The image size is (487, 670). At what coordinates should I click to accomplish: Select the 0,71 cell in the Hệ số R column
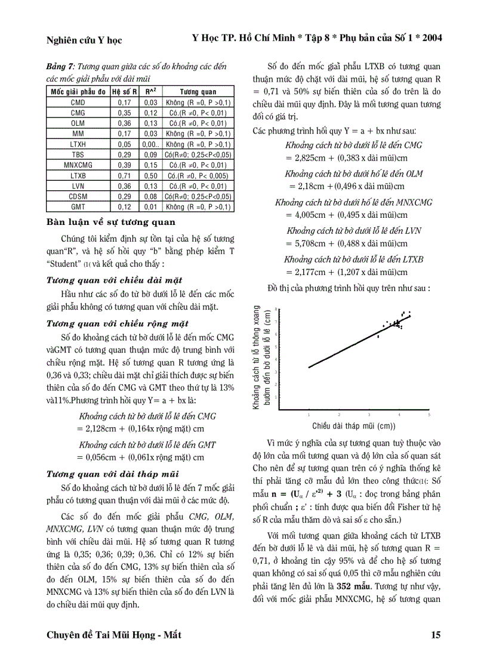tap(125, 176)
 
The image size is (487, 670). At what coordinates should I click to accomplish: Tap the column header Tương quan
tap(198, 92)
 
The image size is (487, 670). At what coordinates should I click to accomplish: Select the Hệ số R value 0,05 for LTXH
tap(125, 144)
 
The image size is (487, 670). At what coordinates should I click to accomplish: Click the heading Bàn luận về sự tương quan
tap(111, 223)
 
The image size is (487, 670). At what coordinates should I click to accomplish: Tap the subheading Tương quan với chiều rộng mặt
tap(118, 324)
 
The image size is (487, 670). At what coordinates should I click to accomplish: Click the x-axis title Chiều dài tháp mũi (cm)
tap(354, 426)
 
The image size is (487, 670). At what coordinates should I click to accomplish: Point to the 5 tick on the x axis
tap(429, 414)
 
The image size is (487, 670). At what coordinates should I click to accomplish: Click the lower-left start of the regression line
tap(309, 367)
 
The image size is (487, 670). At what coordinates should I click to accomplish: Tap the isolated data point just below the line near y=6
tap(378, 336)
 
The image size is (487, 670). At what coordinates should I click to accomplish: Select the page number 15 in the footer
tap(436, 635)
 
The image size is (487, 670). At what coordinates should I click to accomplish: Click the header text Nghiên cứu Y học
tap(84, 40)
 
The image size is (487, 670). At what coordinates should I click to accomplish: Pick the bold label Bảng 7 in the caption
tap(60, 67)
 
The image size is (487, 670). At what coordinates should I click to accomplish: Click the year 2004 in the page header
tap(430, 38)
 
